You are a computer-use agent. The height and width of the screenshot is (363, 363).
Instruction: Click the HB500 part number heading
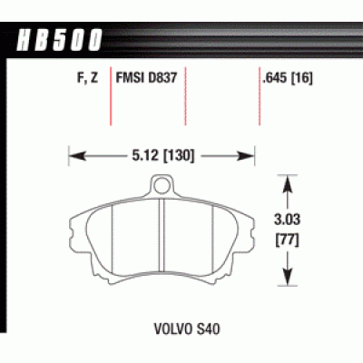[59, 40]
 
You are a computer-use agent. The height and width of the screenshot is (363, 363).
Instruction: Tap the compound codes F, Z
[88, 78]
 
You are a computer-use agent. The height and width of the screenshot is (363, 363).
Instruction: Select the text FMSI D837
[146, 78]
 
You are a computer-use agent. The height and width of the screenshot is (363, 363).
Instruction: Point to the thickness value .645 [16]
[288, 78]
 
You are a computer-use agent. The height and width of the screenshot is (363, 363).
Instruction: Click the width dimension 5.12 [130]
[162, 156]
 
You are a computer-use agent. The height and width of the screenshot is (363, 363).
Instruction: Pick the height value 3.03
[288, 219]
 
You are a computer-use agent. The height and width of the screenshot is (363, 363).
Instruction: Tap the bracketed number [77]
[287, 240]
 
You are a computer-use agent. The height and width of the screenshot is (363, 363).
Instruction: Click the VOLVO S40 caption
[187, 329]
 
